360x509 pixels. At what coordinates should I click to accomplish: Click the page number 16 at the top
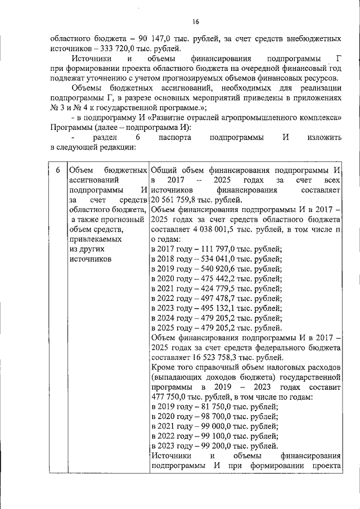tap(196, 22)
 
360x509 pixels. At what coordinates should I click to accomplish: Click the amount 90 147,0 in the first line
tap(155, 39)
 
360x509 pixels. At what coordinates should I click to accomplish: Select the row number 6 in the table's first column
tap(57, 170)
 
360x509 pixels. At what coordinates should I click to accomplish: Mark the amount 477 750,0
tap(171, 398)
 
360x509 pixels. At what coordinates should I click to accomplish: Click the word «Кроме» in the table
tap(164, 368)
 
